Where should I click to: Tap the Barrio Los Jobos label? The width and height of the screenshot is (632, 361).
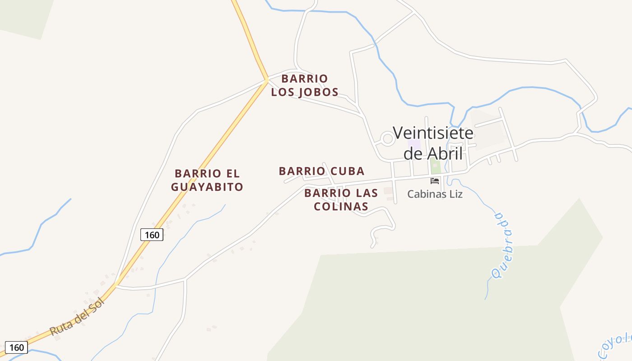305,85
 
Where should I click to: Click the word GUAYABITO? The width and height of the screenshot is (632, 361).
207,186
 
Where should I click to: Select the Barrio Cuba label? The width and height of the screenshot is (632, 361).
321,171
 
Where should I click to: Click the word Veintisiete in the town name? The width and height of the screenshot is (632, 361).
433,133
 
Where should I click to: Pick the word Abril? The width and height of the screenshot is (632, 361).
445,153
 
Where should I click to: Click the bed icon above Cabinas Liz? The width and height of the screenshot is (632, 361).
435,180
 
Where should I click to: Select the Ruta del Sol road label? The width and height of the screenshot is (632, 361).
77,317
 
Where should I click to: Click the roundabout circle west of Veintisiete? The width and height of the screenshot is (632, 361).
388,139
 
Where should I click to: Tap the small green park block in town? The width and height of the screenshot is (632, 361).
435,166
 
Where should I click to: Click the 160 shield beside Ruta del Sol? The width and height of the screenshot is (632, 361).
16,347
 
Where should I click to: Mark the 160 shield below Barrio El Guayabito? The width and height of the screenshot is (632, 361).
152,235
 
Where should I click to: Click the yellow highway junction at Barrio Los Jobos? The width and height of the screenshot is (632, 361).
267,79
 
